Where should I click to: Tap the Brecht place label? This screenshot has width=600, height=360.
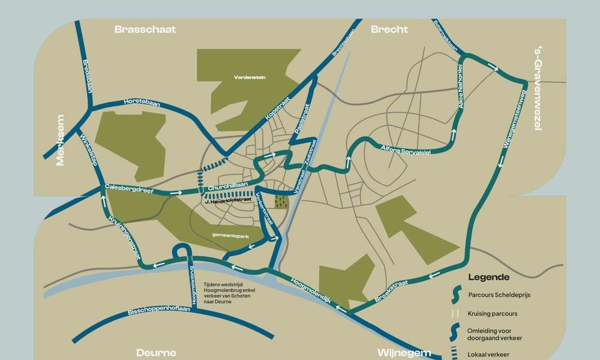click(389, 29)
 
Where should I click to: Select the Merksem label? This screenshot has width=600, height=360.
click(60, 140)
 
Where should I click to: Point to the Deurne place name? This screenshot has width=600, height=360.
click(156, 352)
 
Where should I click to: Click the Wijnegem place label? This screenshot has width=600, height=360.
click(404, 352)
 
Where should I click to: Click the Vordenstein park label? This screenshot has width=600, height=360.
click(250, 77)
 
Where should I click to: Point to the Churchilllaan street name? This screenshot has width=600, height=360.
click(227, 188)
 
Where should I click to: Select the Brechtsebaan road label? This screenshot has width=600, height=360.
click(340, 42)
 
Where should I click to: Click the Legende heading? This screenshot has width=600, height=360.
click(489, 277)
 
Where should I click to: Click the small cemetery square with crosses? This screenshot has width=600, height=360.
click(281, 201)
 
